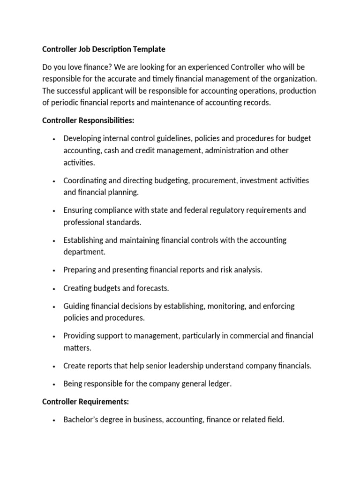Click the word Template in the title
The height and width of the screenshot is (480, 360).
[x=149, y=49]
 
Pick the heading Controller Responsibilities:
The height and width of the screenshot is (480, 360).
[x=88, y=120]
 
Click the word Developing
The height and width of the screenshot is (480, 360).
[x=82, y=139]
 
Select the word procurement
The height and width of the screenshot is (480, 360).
[x=207, y=180]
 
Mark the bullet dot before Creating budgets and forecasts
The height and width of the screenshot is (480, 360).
[x=55, y=288]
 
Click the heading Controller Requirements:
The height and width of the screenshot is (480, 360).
[x=86, y=402]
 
